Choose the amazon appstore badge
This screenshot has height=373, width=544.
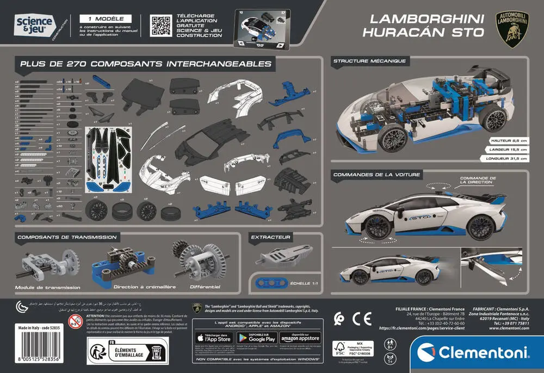click(x=300, y=337)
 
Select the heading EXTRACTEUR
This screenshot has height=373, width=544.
click(x=271, y=238)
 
